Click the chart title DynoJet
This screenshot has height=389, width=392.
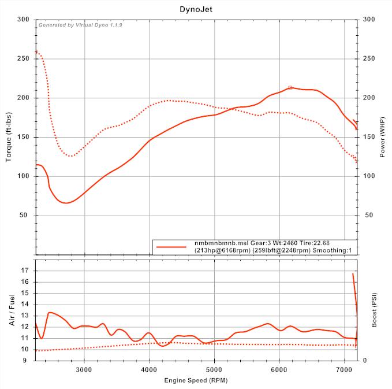pyautogui.click(x=196, y=10)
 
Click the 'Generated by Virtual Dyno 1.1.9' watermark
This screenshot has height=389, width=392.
pyautogui.click(x=80, y=25)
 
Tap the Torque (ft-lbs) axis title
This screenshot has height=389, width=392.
pyautogui.click(x=9, y=136)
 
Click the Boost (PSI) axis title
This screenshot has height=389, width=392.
pyautogui.click(x=375, y=310)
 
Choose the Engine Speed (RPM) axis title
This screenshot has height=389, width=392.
pyautogui.click(x=196, y=380)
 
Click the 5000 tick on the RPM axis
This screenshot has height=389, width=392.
pyautogui.click(x=214, y=368)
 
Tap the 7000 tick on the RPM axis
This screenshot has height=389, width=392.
pyautogui.click(x=345, y=368)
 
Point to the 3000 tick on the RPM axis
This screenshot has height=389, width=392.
pyautogui.click(x=84, y=368)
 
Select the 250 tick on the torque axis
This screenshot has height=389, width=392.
pyautogui.click(x=24, y=58)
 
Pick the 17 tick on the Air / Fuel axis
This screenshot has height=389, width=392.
pyautogui.click(x=25, y=270)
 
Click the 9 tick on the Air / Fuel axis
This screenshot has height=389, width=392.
pyautogui.click(x=27, y=360)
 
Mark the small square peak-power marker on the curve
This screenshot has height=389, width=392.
pyautogui.click(x=290, y=87)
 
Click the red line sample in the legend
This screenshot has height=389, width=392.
pyautogui.click(x=172, y=247)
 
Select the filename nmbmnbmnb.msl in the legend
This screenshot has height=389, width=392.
pyautogui.click(x=218, y=243)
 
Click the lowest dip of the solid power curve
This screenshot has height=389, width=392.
pyautogui.click(x=66, y=203)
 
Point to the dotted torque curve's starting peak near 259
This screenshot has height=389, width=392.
pyautogui.click(x=36, y=52)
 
